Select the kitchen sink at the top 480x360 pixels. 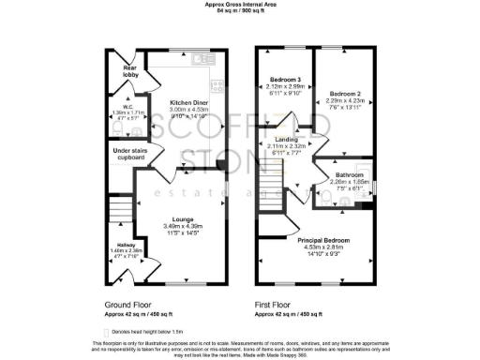tap(200, 60)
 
